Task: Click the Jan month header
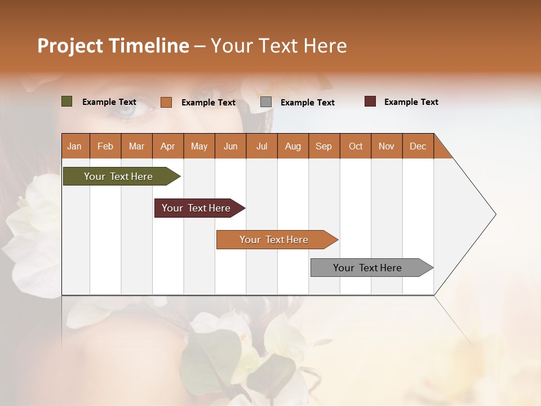tap(74, 146)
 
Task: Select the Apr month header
tap(167, 146)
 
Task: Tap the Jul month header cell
tap(261, 146)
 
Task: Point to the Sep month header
tap(323, 146)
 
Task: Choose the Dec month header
tap(418, 146)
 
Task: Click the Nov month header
tap(386, 146)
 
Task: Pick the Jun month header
tap(230, 146)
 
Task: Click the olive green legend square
tap(66, 101)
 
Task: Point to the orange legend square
tap(166, 102)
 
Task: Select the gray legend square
tap(266, 102)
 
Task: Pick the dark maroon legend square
tap(370, 101)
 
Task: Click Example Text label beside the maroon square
tap(411, 102)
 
